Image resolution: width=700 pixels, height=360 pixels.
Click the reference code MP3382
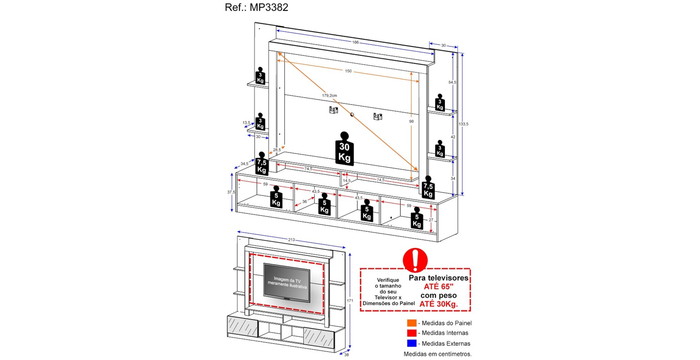[x=269, y=7]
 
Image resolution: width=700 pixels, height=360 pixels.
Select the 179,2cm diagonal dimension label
[x=329, y=95]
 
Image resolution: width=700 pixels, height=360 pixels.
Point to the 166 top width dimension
[x=355, y=42]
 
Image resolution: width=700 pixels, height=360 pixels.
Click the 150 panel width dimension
[x=348, y=71]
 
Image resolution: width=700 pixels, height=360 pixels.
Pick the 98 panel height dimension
[x=411, y=122]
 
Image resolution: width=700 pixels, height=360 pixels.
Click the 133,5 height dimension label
[x=463, y=124]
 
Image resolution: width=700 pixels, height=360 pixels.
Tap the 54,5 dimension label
[x=452, y=82]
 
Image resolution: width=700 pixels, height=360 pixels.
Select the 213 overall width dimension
[x=291, y=240]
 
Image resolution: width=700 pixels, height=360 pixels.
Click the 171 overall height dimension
[x=350, y=301]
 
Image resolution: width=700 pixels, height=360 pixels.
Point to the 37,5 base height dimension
[x=231, y=192]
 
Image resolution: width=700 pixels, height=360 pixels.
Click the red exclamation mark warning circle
[x=415, y=260]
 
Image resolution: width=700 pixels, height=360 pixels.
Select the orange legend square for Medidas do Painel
[x=412, y=323]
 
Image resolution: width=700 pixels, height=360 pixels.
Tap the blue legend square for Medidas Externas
[x=412, y=343]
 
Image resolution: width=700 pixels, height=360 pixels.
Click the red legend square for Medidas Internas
[x=412, y=333]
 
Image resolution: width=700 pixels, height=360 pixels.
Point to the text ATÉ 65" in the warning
[x=438, y=286]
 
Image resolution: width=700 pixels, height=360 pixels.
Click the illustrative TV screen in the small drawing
[x=287, y=282]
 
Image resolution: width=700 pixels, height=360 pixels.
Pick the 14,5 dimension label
[x=346, y=181]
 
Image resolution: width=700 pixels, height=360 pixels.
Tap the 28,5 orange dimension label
[x=277, y=150]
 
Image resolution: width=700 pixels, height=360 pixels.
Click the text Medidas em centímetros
[x=437, y=354]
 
